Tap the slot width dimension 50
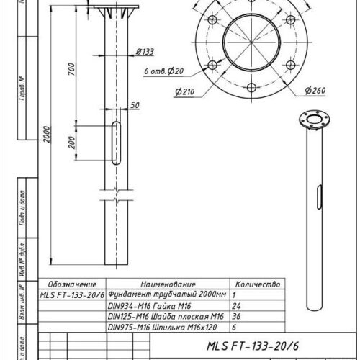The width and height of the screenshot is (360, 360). (x=135, y=105)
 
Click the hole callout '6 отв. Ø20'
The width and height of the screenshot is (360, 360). (x=165, y=71)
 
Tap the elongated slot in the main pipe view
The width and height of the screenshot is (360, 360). (x=117, y=143)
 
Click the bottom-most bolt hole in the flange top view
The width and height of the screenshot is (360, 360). (x=251, y=89)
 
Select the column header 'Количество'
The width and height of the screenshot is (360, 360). (x=257, y=285)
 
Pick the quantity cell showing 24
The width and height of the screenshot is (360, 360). (x=238, y=305)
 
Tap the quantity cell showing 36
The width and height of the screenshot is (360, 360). (x=238, y=316)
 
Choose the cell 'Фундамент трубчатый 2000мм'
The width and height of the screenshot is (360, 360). (x=166, y=295)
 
